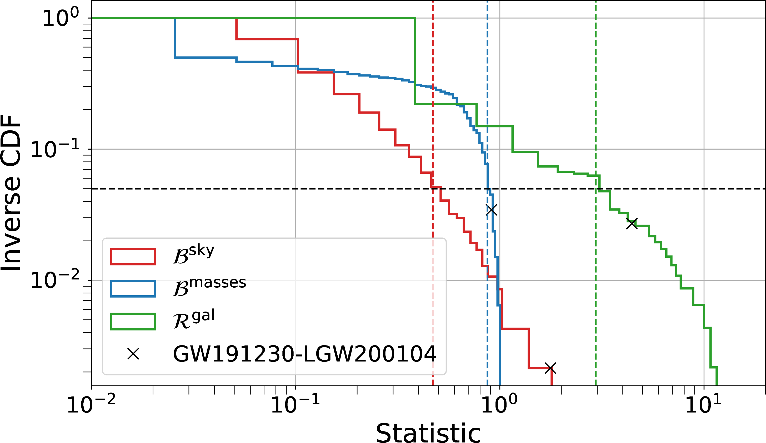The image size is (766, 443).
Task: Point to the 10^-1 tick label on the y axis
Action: click(55, 149)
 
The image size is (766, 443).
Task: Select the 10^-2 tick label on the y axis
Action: click(55, 280)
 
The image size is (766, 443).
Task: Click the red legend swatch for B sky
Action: click(133, 257)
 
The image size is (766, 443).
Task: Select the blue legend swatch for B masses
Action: click(133, 289)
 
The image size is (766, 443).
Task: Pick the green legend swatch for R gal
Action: click(133, 322)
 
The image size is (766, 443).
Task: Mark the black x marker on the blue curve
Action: click(492, 210)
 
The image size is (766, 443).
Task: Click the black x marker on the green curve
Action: click(632, 224)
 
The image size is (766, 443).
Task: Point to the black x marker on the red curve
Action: click(550, 369)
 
